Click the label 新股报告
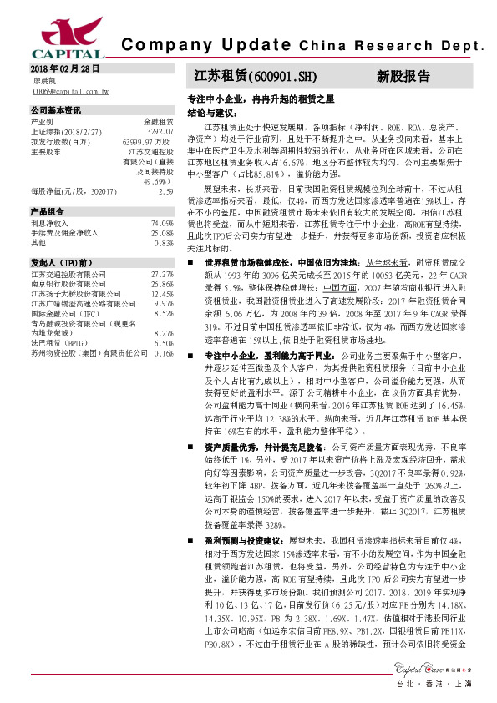403,76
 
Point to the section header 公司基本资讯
56,109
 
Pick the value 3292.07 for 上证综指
160,131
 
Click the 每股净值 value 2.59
165,191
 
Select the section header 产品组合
48,211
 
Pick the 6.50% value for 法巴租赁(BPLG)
163,343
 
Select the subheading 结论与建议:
209,111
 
